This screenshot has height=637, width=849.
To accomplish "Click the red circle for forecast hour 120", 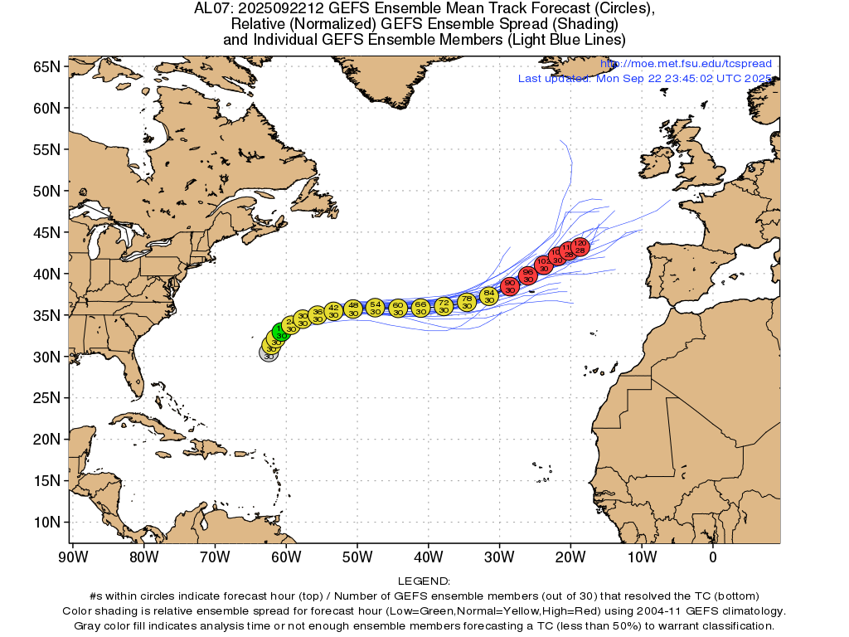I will pos(580,246).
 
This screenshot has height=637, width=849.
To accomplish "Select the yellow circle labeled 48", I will pos(353,309).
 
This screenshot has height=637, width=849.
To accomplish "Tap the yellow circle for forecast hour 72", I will pos(444,307).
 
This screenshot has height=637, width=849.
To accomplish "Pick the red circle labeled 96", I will pos(528,275).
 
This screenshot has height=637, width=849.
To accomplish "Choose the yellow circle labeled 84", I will pos(489,296).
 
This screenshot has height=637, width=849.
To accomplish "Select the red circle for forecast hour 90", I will pos(510,286).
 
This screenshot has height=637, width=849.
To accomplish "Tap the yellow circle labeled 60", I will pos(398,309).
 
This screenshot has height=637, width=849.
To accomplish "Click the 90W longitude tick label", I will pos(73,557).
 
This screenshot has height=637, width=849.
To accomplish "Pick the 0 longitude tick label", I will pos(713,557).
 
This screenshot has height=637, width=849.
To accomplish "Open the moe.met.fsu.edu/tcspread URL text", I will pos(686,64).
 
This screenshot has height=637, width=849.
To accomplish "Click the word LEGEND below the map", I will pos(424,581).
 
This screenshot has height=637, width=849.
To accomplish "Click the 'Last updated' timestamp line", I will pos(645,78).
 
